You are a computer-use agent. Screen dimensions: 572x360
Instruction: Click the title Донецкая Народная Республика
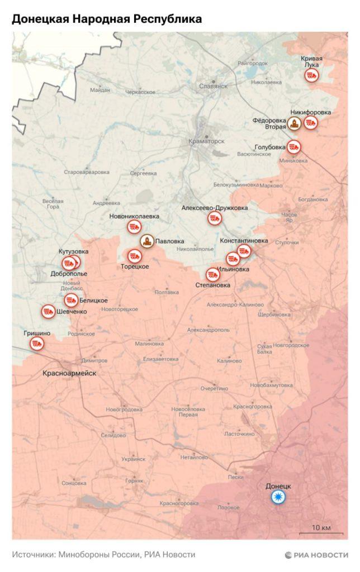(x=107, y=20)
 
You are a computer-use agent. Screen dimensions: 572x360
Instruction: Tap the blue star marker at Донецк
(x=278, y=498)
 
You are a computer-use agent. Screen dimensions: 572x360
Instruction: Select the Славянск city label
(x=213, y=86)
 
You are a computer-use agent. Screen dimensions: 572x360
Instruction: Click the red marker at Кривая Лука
(x=312, y=77)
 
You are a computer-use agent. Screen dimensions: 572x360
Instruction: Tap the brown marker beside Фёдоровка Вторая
(x=295, y=123)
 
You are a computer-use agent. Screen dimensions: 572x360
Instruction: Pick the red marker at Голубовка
(x=294, y=147)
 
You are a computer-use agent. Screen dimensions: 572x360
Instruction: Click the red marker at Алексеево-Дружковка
(x=214, y=218)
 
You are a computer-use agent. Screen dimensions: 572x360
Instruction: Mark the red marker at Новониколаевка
(x=134, y=226)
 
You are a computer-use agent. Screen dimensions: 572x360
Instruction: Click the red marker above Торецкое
(x=135, y=256)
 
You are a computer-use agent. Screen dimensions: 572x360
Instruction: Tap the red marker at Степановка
(x=212, y=274)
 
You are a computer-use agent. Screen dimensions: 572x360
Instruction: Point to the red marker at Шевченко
(x=48, y=311)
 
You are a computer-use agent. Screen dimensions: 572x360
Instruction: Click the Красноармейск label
(x=70, y=373)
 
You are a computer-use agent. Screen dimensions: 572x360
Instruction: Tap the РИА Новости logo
(x=316, y=555)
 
